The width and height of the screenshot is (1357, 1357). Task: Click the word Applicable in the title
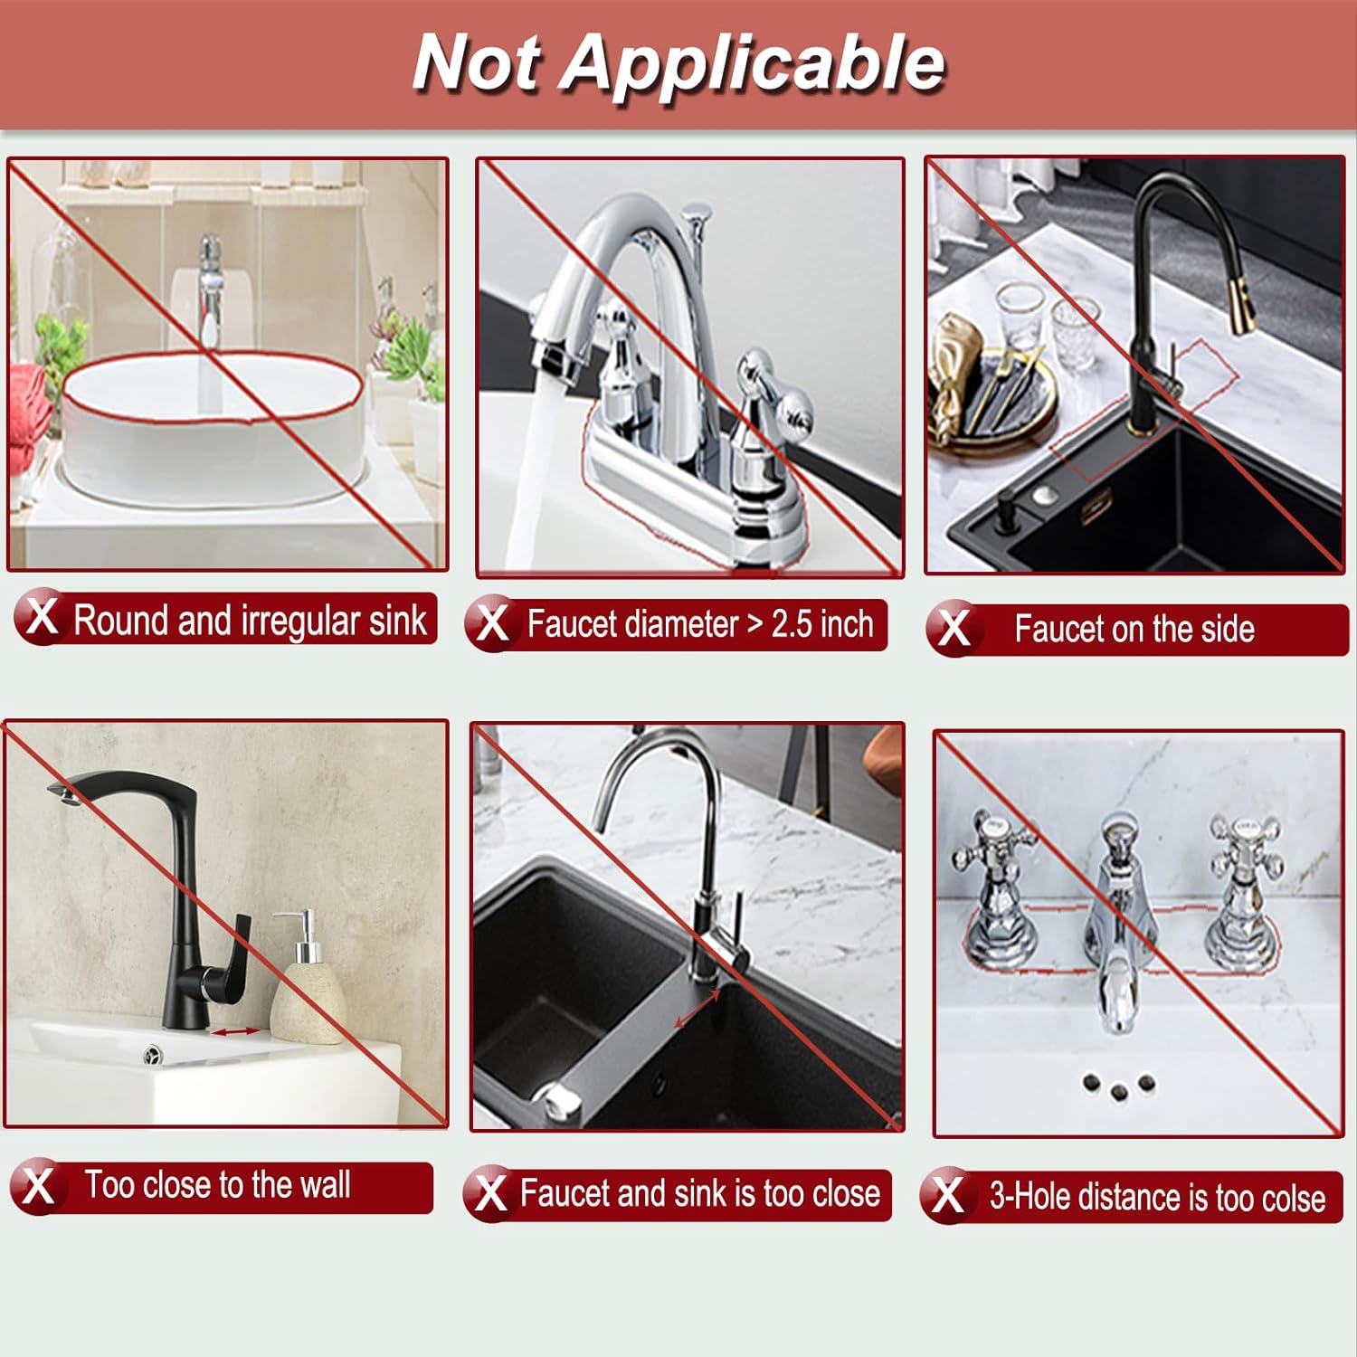tap(753, 63)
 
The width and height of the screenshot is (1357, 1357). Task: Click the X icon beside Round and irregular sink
tap(41, 618)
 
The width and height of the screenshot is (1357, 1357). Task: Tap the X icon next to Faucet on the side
tap(954, 628)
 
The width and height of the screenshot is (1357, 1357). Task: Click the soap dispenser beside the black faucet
tap(308, 986)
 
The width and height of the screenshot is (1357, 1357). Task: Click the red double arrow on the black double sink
tap(697, 1008)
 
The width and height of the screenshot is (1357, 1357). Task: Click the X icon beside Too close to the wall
tap(37, 1186)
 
